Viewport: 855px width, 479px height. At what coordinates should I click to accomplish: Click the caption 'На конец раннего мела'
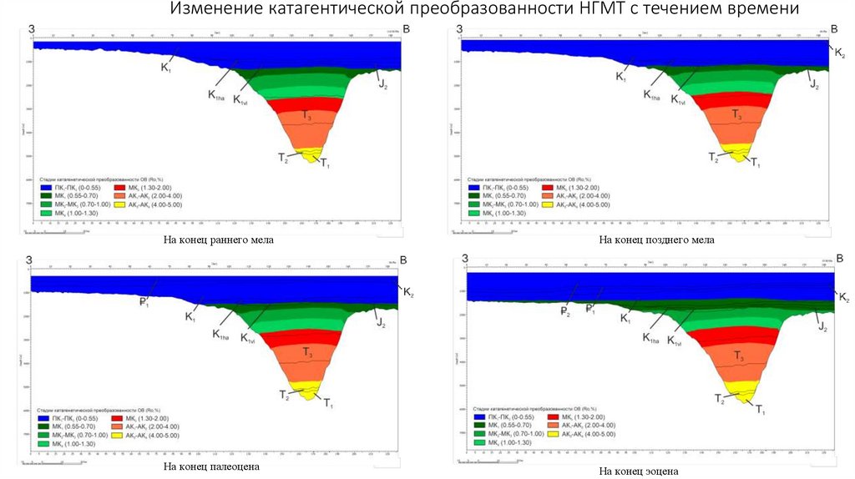coord(219,240)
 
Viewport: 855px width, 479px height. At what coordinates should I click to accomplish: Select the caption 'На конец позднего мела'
coord(656,240)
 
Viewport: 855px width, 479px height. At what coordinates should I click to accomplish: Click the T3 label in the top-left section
coord(308,116)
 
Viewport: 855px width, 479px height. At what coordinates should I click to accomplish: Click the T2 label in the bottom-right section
coord(720,400)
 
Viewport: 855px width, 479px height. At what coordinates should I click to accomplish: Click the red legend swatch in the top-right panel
coord(548,186)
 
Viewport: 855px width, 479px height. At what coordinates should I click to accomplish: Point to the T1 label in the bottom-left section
coord(328,404)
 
